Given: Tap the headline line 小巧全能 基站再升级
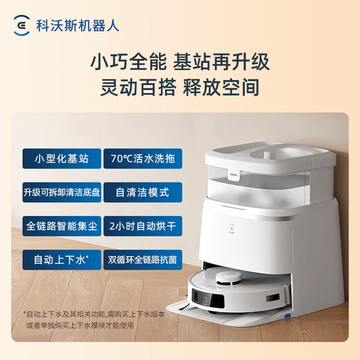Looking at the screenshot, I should click(180, 62).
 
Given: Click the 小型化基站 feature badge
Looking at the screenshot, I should click(61, 157).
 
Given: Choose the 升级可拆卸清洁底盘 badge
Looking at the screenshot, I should click(61, 192).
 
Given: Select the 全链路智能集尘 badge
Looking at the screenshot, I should click(61, 226).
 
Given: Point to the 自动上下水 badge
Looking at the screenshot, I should click(61, 261).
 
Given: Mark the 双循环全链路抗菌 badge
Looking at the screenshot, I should click(143, 261).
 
